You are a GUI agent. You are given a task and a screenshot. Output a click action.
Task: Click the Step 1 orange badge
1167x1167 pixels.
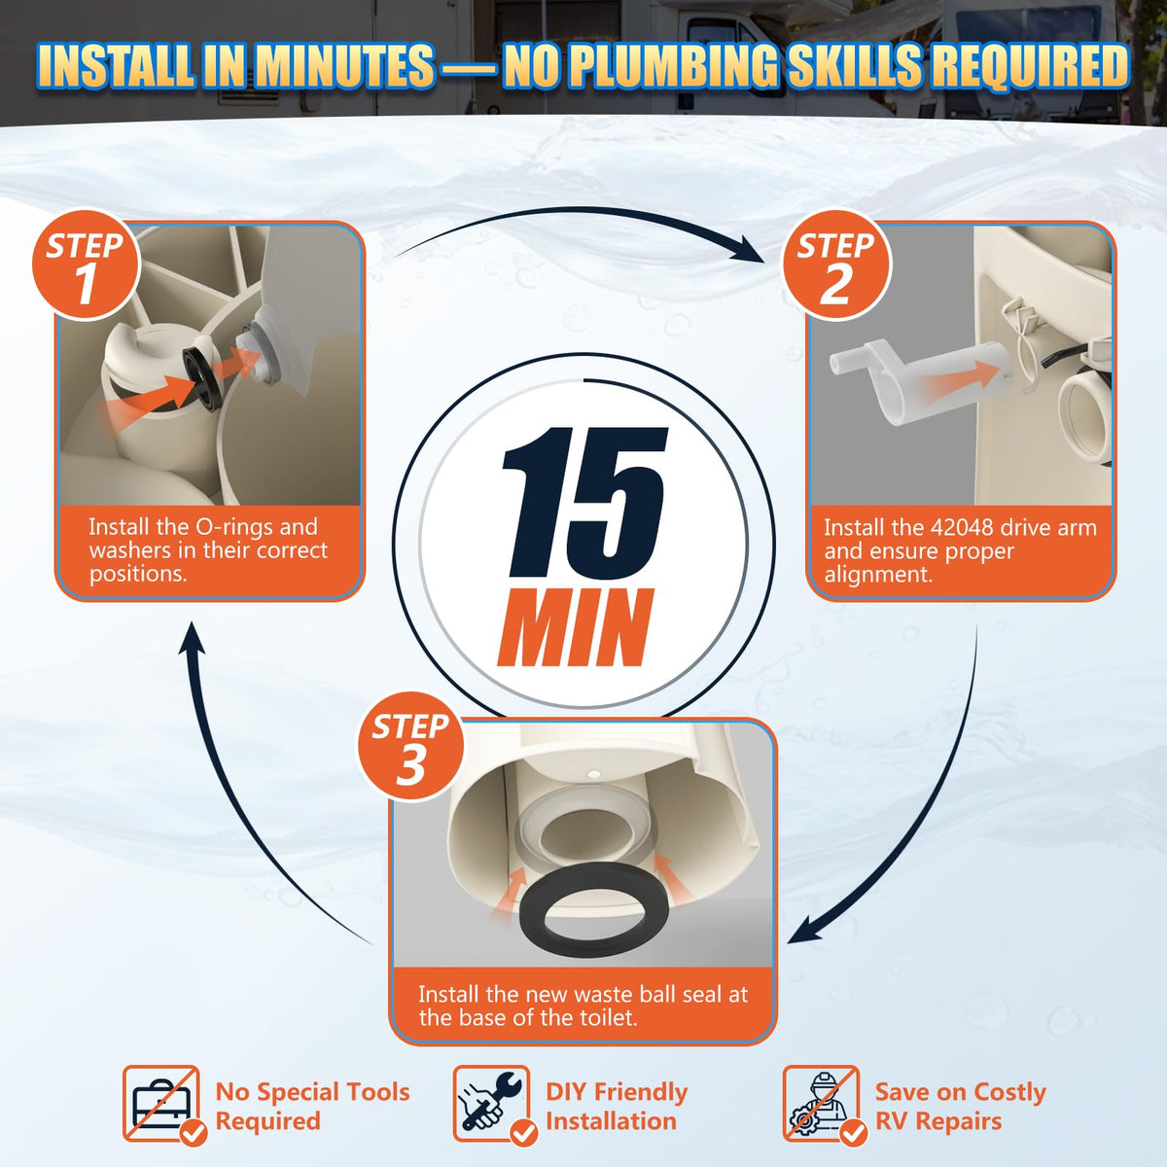coord(87,265)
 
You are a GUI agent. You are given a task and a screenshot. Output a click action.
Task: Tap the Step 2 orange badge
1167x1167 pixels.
coord(837,265)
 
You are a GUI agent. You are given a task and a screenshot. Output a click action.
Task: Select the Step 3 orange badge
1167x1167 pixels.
coord(411,746)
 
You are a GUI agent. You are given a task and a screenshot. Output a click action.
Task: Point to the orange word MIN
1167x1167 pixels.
coord(576,627)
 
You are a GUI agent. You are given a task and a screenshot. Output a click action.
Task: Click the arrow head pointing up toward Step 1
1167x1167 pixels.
coord(193,637)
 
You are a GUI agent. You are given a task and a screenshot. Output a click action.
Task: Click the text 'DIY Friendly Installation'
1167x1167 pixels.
coord(617,1106)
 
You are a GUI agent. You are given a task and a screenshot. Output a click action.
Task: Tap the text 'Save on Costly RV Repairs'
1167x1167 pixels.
coord(961,1106)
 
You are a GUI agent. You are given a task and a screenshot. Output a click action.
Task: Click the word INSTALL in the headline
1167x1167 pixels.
coord(119,67)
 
